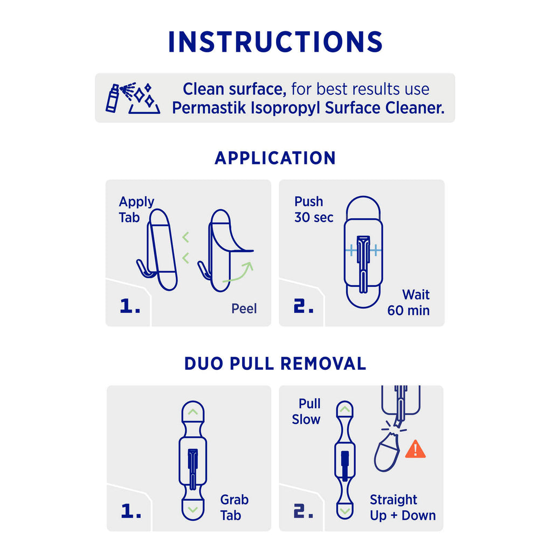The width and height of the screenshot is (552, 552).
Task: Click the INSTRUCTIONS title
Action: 275,42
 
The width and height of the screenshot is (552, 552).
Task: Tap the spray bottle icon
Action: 113,98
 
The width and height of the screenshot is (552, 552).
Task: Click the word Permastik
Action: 209,108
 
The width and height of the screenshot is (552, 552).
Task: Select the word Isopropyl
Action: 286,108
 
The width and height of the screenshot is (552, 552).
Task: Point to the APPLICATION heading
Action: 275,158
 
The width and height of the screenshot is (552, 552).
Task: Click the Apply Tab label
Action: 136,210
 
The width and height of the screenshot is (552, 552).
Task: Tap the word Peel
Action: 244,308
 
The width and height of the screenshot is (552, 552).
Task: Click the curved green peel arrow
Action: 238,273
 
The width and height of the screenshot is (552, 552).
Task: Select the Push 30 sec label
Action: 314,209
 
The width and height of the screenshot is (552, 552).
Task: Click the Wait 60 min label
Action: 409,302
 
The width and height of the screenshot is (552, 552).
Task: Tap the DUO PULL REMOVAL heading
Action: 275,363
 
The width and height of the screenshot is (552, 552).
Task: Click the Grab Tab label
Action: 234,507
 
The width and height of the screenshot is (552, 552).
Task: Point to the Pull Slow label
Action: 306,411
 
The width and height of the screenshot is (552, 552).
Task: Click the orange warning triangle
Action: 416,450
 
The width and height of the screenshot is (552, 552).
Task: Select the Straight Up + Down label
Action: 403,507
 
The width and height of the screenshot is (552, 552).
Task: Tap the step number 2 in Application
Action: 303,306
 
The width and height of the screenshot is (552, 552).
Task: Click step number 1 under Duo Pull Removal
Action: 131,511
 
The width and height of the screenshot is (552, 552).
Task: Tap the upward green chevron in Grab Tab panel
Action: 193,411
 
